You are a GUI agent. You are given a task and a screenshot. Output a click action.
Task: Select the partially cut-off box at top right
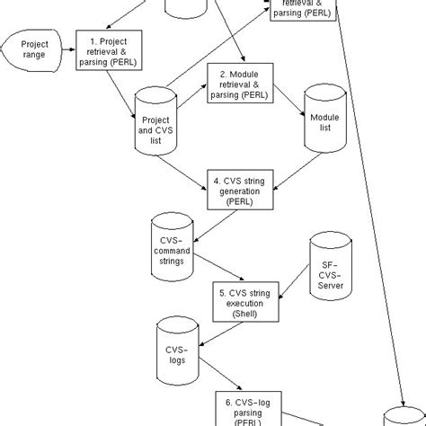[x=301, y=9]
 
